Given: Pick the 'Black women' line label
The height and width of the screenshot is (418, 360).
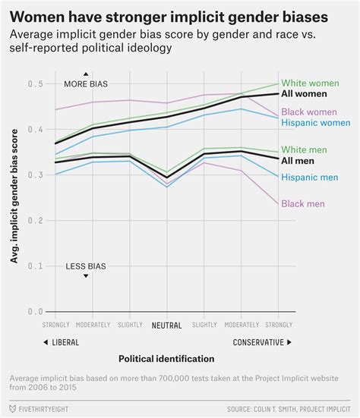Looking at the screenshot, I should pos(309,112).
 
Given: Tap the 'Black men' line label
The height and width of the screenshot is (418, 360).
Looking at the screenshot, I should pos(303,203).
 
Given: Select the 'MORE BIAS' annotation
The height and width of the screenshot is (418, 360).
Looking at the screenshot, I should pos(86,83).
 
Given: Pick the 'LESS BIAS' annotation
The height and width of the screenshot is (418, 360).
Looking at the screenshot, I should pos(86,266).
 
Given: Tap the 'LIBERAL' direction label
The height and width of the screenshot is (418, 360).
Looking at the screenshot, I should pos(60,342).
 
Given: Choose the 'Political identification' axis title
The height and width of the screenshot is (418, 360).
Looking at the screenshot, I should pos(166,358).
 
